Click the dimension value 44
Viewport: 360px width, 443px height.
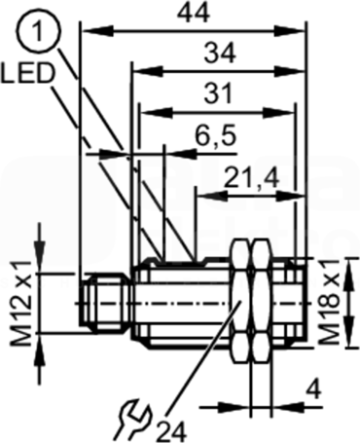(195, 14)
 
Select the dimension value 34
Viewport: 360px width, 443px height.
(220, 54)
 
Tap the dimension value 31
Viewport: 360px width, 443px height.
(219, 93)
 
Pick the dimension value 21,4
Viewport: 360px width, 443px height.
(252, 177)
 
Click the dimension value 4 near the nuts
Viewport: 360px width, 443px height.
(312, 389)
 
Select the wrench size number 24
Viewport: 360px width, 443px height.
(171, 431)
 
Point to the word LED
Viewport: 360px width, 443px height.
(26, 73)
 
